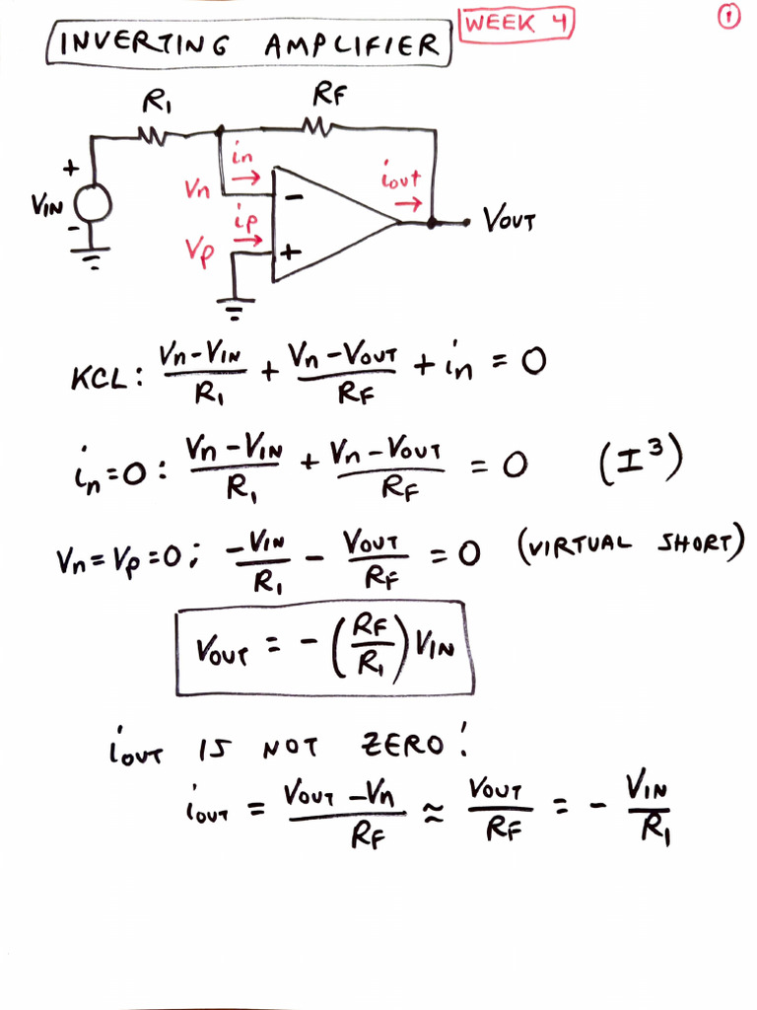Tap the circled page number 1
pyautogui.click(x=728, y=17)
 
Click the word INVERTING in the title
pyautogui.click(x=144, y=43)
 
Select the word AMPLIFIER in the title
pyautogui.click(x=352, y=45)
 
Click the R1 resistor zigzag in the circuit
pyautogui.click(x=153, y=135)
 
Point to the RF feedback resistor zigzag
pyautogui.click(x=316, y=127)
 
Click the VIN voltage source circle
pyautogui.click(x=93, y=203)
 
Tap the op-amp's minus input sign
pyautogui.click(x=294, y=197)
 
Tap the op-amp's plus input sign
pyautogui.click(x=291, y=252)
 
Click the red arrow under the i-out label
pyautogui.click(x=408, y=204)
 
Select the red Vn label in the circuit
pyautogui.click(x=197, y=188)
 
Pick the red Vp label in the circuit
pyautogui.click(x=199, y=252)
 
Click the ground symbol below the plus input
pyautogui.click(x=235, y=309)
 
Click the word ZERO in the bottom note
pyautogui.click(x=402, y=745)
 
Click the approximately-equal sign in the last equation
pyautogui.click(x=434, y=814)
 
